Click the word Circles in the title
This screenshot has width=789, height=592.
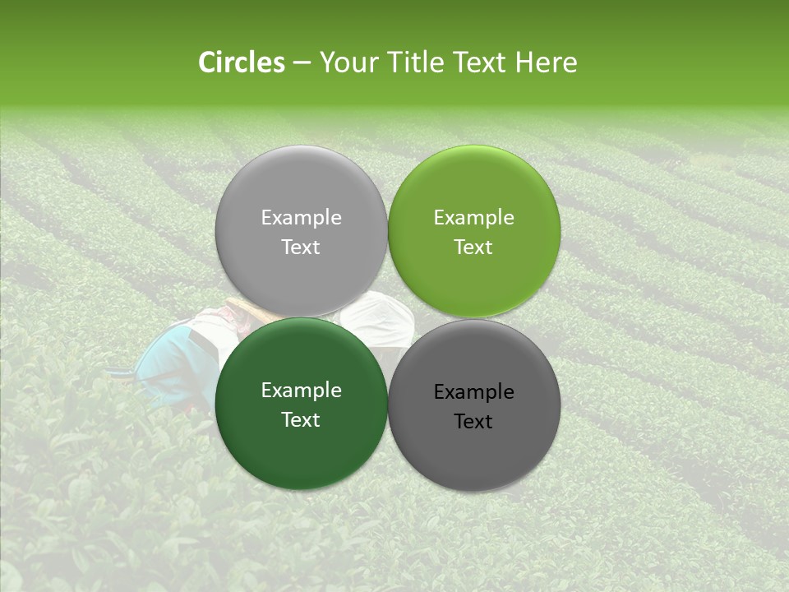pos(242,62)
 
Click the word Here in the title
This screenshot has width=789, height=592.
pos(546,62)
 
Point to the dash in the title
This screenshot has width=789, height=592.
pos(302,63)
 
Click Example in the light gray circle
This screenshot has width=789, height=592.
pos(301,218)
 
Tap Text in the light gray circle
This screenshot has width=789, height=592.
pos(301,247)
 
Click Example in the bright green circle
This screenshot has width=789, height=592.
pos(474,218)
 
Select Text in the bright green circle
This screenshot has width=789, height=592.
pos(474,247)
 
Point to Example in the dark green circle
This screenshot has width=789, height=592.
pos(301,391)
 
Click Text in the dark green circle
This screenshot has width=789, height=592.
pos(301,420)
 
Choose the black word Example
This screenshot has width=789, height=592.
pos(474,392)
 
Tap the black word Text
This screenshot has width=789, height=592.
pos(474,422)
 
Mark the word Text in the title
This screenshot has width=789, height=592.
pos(481,62)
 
